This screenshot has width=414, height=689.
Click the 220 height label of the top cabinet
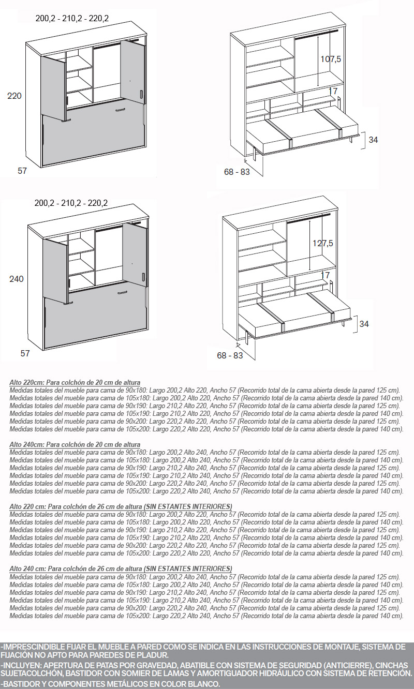pyautogui.click(x=14, y=96)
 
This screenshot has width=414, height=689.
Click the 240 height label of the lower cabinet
pyautogui.click(x=17, y=279)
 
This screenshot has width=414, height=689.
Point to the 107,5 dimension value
pyautogui.click(x=331, y=59)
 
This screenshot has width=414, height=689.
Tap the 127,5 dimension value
pyautogui.click(x=323, y=243)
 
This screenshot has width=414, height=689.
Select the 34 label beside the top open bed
pyautogui.click(x=374, y=140)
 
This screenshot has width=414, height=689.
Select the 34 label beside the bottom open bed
pyautogui.click(x=364, y=324)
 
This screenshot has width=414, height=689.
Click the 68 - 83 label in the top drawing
pyautogui.click(x=237, y=172)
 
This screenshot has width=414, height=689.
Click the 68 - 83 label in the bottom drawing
pyautogui.click(x=230, y=355)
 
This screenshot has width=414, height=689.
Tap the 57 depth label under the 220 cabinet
pyautogui.click(x=22, y=171)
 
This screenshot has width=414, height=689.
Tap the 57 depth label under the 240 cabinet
pyautogui.click(x=25, y=354)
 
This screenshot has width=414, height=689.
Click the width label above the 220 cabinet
pyautogui.click(x=72, y=19)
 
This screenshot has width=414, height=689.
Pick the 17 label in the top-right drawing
pyautogui.click(x=333, y=91)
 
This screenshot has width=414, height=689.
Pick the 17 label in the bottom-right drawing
pyautogui.click(x=325, y=275)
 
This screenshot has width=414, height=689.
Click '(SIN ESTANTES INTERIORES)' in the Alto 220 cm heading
pyautogui.click(x=188, y=506)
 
